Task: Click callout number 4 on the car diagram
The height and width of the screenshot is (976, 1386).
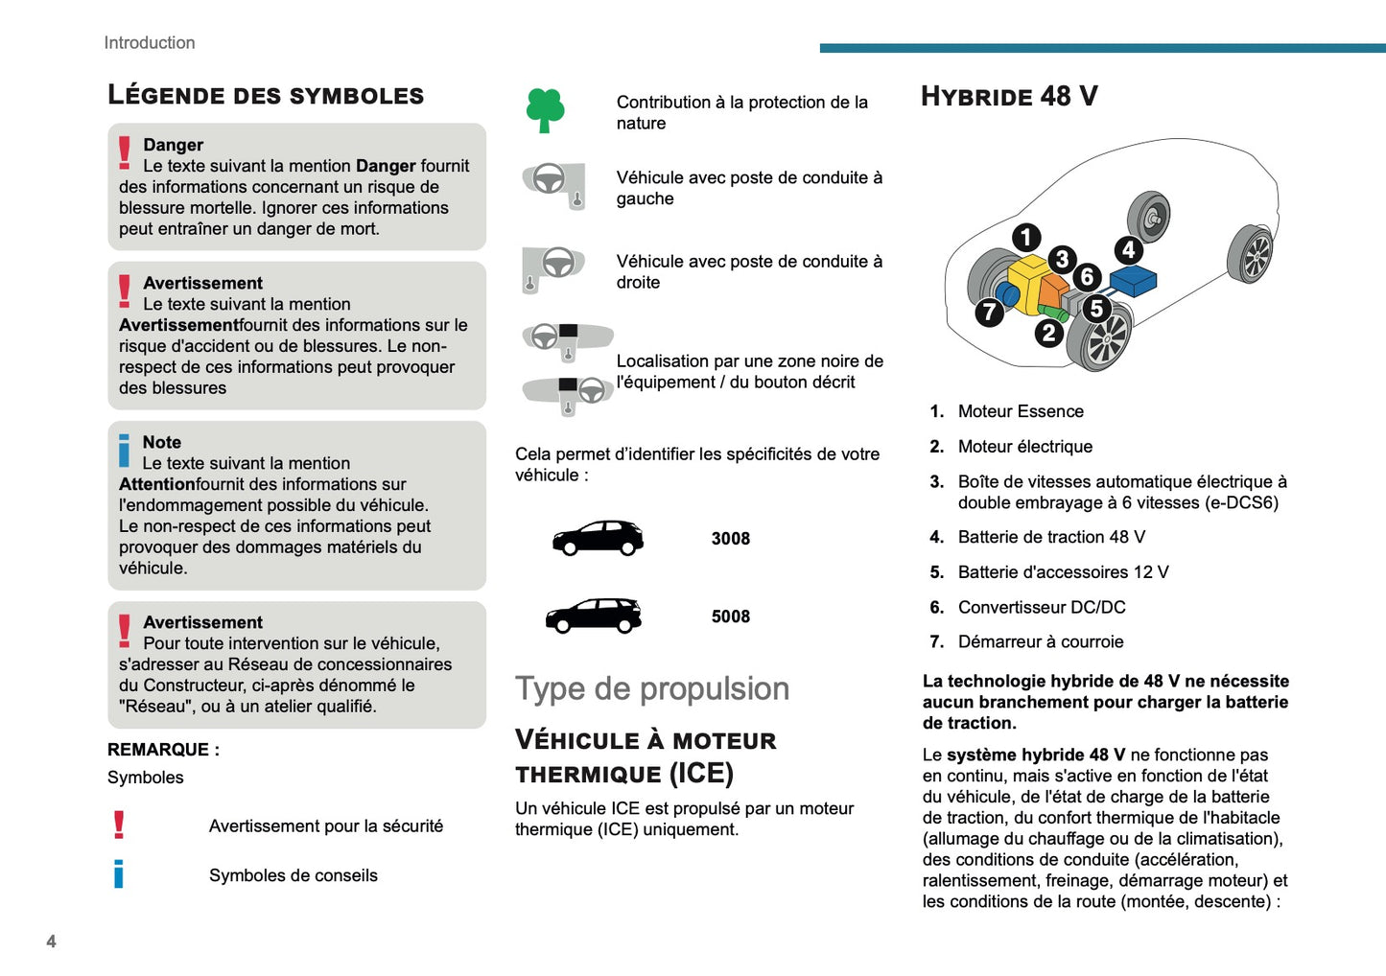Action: [1129, 250]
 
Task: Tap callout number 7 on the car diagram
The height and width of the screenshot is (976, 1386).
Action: [989, 312]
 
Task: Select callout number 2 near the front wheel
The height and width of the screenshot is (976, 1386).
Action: [1048, 333]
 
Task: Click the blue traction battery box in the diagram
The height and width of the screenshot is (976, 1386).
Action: [1133, 280]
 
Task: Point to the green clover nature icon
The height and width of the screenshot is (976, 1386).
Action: [546, 110]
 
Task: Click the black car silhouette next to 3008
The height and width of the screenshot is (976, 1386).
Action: [598, 538]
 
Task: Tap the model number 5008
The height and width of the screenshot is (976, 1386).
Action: [730, 616]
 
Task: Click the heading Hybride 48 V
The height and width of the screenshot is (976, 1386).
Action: [1009, 96]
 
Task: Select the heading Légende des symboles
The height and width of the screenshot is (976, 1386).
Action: [266, 95]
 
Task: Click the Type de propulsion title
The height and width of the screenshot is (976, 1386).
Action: [652, 688]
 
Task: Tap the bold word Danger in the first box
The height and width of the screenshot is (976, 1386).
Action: [173, 145]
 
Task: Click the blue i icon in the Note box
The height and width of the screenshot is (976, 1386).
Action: [124, 451]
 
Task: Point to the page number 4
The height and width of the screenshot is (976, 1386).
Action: [51, 941]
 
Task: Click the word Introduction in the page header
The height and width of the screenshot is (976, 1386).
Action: [150, 42]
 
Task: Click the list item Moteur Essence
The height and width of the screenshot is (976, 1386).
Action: [1020, 411]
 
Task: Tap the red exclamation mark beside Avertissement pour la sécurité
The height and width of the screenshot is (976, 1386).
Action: [119, 825]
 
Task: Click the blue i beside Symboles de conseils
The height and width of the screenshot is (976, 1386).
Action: [119, 873]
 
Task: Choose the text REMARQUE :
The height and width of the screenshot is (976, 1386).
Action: [163, 750]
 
